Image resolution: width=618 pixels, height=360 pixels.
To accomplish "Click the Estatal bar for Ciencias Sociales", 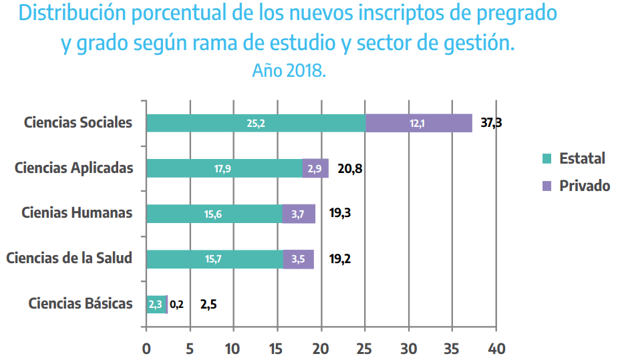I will pos(256,123).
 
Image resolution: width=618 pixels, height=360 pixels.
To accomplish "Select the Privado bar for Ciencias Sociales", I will pos(419,123).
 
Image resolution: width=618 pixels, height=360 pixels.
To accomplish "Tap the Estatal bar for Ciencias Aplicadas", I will pos(224,168).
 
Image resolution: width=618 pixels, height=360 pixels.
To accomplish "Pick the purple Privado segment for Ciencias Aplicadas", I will pos(315,168).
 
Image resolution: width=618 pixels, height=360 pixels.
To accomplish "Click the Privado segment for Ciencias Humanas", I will pos(299,214).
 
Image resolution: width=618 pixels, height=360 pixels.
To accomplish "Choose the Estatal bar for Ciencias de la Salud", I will pos(214,259).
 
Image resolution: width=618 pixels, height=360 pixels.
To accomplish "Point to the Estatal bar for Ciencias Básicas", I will pos(156,305).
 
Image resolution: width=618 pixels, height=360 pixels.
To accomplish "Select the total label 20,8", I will pos(350,168).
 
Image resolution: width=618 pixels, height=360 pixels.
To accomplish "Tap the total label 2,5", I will pos(208,305).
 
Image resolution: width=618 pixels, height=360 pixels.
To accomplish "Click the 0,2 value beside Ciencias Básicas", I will pos(176,305).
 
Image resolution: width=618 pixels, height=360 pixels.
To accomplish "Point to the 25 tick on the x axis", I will pos(365,349).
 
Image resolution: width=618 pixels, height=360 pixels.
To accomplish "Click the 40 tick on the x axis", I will pos(496,349).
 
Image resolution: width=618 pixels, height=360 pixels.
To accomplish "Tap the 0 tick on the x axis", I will pos(146,349).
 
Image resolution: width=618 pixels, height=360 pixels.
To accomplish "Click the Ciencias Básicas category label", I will pos(80,303).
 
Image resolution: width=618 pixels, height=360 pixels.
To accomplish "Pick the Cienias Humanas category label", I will pos(77,212).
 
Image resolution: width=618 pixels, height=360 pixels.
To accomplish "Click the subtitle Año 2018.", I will pos(289,70).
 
